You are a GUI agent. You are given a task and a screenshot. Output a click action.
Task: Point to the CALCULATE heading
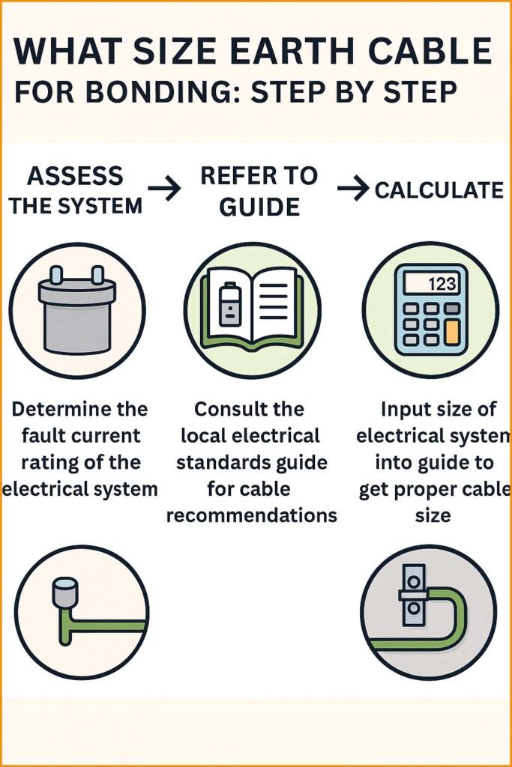click(x=439, y=190)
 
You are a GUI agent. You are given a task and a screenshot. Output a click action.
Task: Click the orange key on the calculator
click(x=451, y=332)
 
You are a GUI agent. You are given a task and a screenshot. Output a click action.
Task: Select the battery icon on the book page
click(x=228, y=307)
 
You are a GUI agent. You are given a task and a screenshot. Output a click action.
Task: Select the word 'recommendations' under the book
click(x=251, y=516)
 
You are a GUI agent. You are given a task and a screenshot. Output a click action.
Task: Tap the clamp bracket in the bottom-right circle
click(x=413, y=596)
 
